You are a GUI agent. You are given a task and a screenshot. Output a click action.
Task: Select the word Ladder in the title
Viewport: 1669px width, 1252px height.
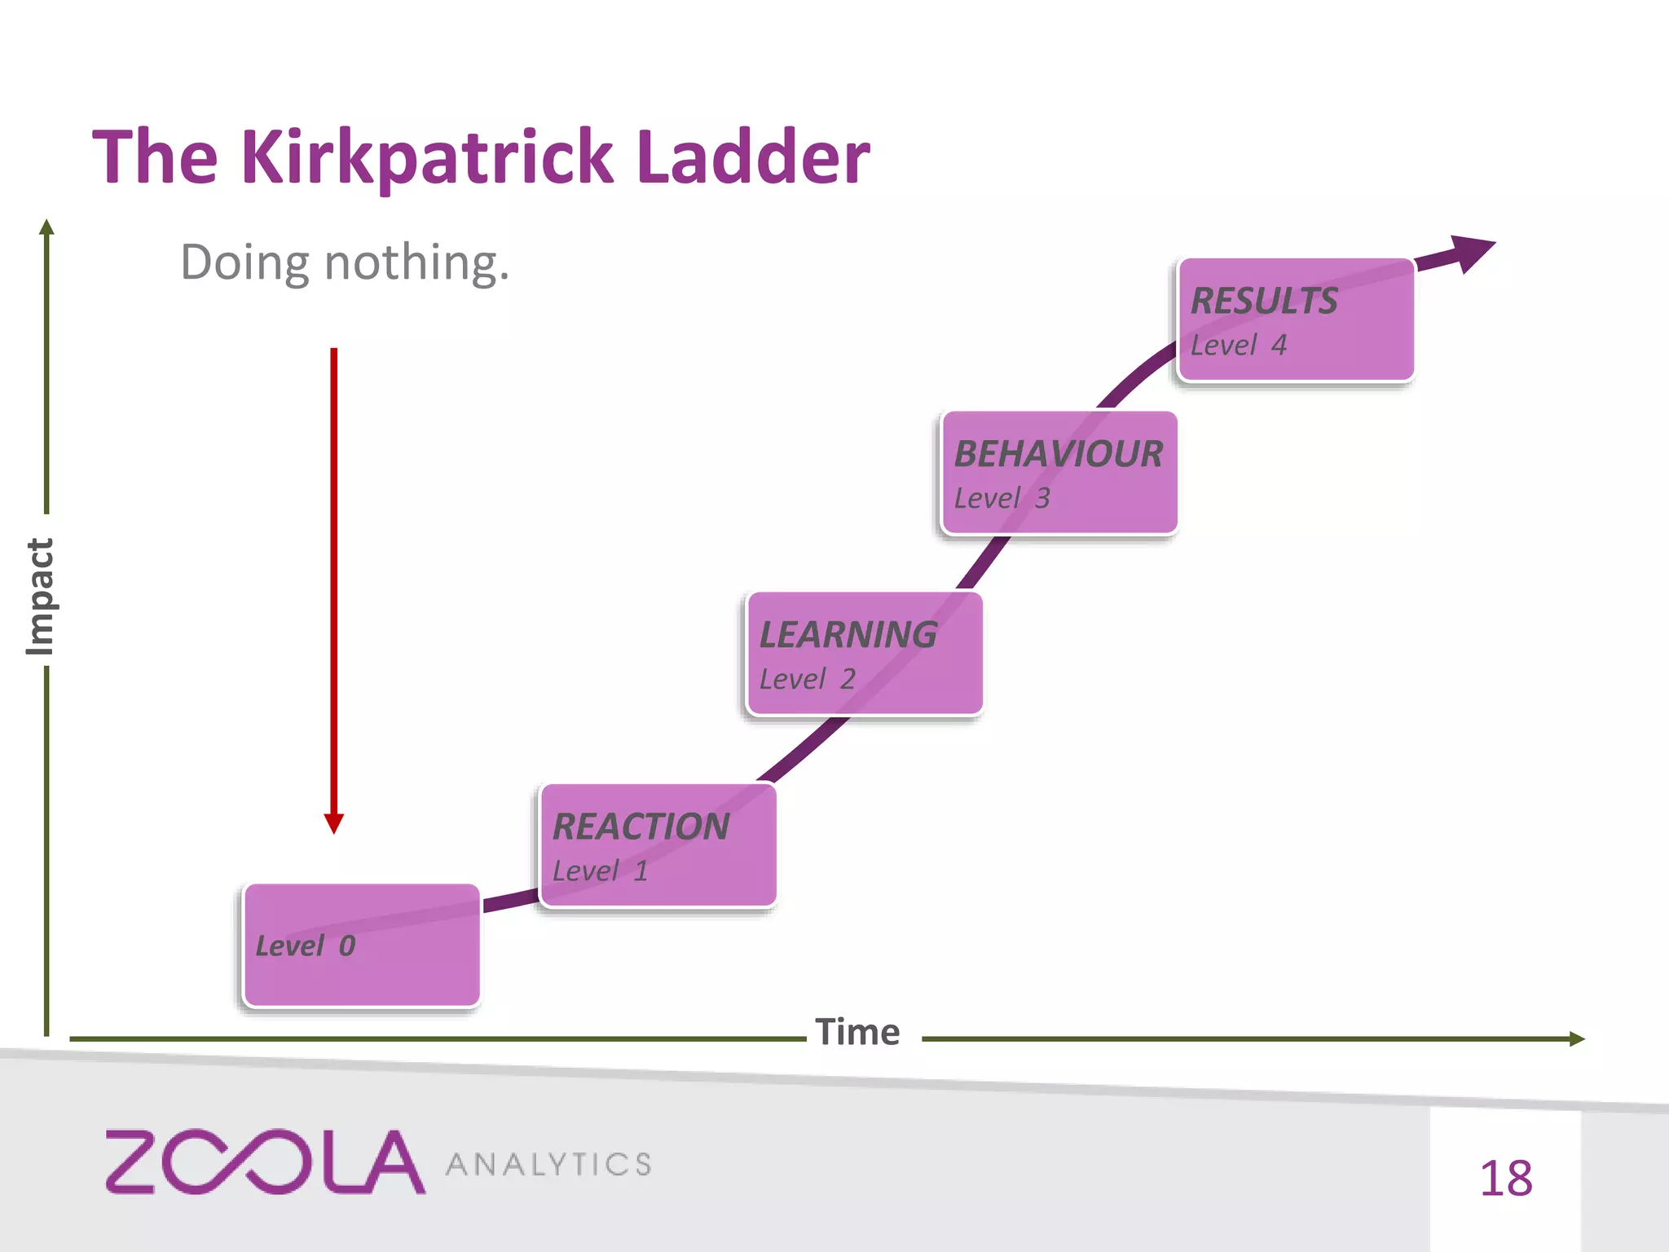click(753, 157)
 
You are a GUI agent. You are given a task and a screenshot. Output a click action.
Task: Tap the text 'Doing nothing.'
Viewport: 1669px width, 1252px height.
click(344, 262)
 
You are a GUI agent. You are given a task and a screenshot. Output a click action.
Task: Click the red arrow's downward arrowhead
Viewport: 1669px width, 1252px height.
click(333, 823)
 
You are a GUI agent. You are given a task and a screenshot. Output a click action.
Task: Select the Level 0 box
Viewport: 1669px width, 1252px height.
click(361, 946)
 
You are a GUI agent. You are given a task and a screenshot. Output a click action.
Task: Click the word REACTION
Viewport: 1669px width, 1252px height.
click(641, 827)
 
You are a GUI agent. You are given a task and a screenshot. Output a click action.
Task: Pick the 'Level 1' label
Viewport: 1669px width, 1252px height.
click(600, 871)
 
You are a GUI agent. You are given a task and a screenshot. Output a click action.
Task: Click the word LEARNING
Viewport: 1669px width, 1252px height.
click(848, 635)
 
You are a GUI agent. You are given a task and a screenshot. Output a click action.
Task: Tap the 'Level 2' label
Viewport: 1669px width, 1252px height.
click(807, 679)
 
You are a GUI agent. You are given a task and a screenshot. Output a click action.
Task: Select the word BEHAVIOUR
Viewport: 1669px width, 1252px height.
click(1059, 454)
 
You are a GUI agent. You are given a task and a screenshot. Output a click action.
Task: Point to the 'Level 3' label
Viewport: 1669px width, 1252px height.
click(1002, 498)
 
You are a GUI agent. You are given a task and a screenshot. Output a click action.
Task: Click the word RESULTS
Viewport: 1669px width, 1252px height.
click(1264, 301)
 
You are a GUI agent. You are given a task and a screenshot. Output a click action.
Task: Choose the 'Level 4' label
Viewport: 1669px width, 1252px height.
click(1238, 346)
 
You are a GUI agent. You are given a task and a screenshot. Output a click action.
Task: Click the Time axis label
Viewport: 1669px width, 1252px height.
click(857, 1033)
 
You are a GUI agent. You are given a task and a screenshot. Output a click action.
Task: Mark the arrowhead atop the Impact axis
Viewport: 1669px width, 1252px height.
click(46, 227)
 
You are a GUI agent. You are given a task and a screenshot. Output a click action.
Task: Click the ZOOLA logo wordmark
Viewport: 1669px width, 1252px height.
click(265, 1162)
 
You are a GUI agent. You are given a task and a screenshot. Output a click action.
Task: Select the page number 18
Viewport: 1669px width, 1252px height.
click(1505, 1179)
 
